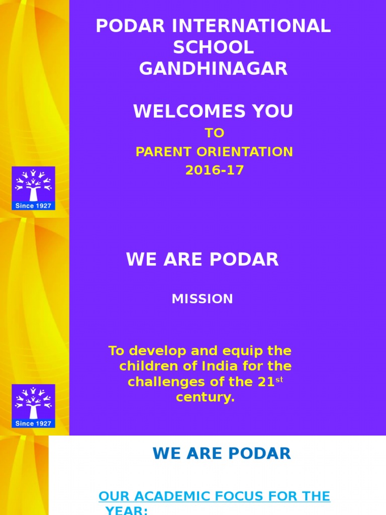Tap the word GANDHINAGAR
pyautogui.click(x=213, y=69)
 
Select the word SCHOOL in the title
pyautogui.click(x=213, y=48)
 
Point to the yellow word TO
pyautogui.click(x=214, y=133)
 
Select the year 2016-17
pyautogui.click(x=214, y=170)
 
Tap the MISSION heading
pyautogui.click(x=202, y=299)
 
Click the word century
pyautogui.click(x=205, y=397)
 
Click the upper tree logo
pyautogui.click(x=33, y=185)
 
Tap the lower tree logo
pyautogui.click(x=33, y=402)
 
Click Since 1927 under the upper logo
pyautogui.click(x=33, y=206)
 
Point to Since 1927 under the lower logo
pyautogui.click(x=33, y=423)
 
